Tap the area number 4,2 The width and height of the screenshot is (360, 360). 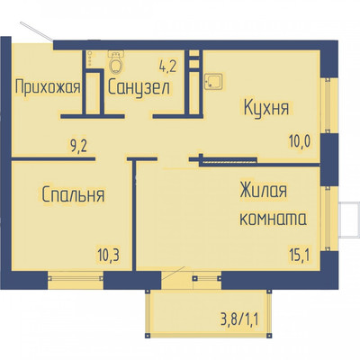(168, 64)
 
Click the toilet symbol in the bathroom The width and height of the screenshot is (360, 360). (115, 64)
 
